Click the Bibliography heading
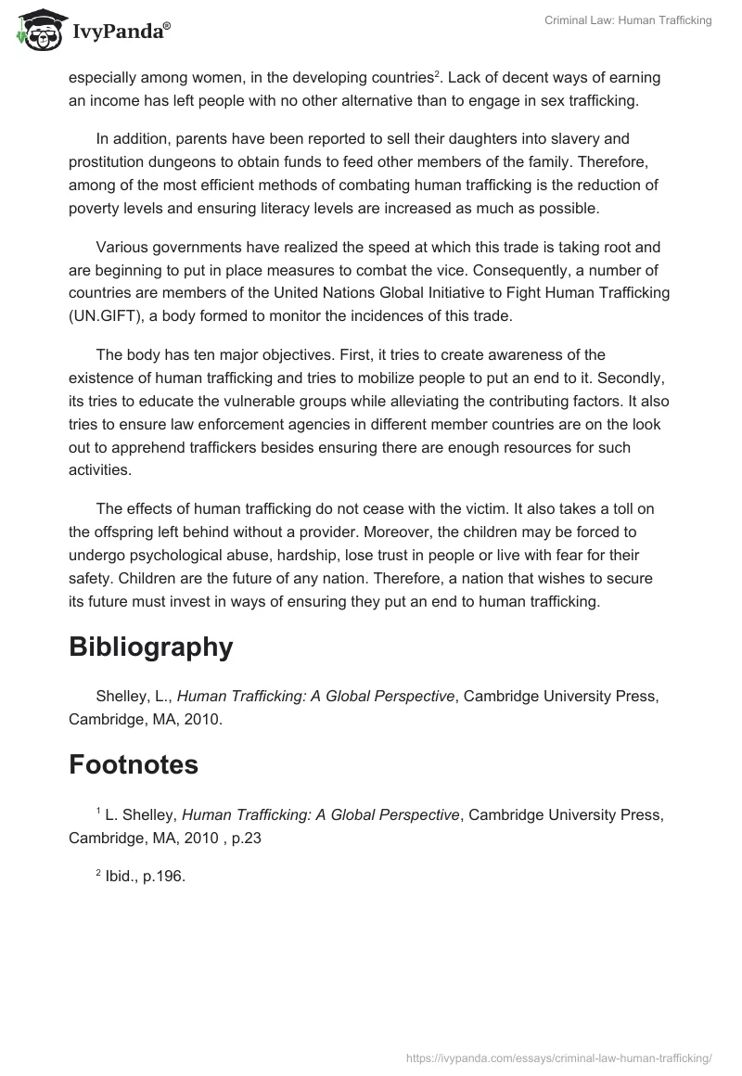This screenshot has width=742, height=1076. (150, 647)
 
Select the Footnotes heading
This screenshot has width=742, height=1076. (134, 765)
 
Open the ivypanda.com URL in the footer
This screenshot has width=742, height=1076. (559, 1057)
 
